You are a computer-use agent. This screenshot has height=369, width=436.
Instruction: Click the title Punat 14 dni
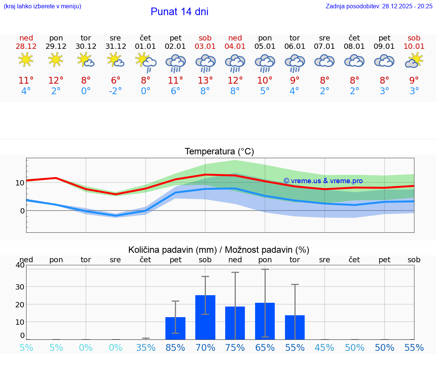coord(179,12)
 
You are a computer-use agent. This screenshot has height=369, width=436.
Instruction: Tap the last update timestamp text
coord(379,6)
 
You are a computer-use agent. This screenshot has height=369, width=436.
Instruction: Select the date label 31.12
coord(116,46)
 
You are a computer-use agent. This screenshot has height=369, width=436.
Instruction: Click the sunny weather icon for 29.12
coord(56,60)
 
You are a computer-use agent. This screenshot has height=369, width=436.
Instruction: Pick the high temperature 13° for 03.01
coord(205,81)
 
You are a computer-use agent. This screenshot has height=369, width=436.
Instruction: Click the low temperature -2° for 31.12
coord(116,91)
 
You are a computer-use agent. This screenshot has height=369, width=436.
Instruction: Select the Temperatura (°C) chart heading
coord(219,151)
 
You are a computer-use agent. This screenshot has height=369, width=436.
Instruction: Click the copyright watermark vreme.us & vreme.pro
coord(323,181)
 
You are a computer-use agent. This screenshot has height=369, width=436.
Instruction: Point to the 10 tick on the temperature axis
coord(20,183)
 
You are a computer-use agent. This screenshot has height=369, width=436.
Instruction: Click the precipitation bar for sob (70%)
coord(205,317)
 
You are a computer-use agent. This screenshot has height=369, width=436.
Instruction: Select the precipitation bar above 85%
coord(176,328)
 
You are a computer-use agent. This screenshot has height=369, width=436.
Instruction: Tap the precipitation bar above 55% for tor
coord(295,327)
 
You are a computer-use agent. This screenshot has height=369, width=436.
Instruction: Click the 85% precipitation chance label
coord(176,348)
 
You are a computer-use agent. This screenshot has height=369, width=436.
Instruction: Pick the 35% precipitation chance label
coord(146,348)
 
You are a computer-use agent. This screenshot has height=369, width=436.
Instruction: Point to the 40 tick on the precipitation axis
coord(20,265)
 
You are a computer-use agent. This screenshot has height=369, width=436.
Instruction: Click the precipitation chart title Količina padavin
coord(219,250)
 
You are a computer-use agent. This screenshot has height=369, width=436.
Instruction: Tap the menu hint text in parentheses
coord(42,6)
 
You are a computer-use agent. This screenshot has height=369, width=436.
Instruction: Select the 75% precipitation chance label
coord(235,348)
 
